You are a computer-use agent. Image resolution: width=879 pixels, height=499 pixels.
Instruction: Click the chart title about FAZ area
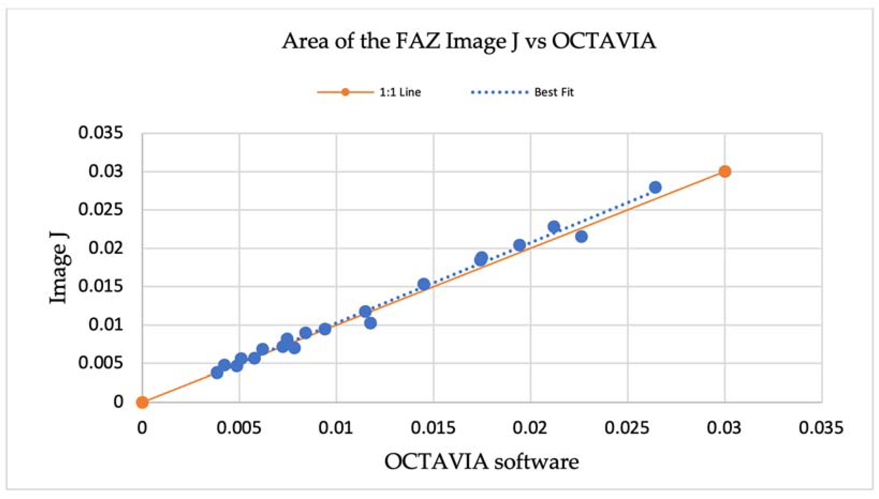point(468,41)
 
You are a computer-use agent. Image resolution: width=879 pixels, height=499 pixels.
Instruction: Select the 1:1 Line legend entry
point(369,92)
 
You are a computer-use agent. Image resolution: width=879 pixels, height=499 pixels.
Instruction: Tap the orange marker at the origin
point(142,402)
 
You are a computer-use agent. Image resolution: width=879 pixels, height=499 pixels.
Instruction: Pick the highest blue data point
point(655,187)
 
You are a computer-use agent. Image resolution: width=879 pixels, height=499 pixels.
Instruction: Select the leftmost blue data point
point(217,373)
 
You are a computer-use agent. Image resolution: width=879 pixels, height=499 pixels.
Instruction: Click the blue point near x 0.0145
point(424,284)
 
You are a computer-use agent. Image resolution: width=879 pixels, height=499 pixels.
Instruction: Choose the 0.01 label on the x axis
point(336,428)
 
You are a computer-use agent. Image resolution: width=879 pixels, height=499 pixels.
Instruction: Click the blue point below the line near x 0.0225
point(581,236)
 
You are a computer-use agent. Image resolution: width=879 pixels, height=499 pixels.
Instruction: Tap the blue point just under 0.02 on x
point(520,245)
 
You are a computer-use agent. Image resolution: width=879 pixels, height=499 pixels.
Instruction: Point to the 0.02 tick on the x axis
point(530,428)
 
